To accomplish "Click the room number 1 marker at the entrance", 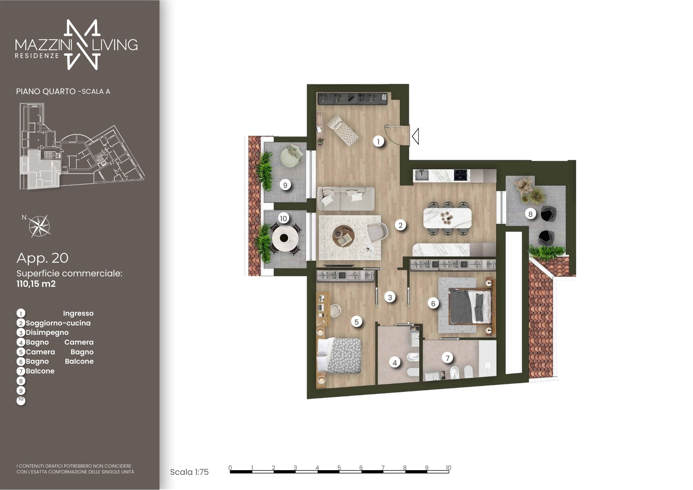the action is click(x=378, y=141).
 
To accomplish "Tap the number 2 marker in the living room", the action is click(x=400, y=226).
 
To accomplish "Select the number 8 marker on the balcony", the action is click(x=530, y=214).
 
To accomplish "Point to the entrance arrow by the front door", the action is click(x=415, y=137).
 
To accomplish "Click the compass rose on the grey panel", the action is click(x=40, y=226).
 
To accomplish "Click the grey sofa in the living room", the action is click(x=346, y=198).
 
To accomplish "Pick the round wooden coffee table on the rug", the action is click(x=343, y=236).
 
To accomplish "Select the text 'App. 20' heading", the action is click(x=42, y=258).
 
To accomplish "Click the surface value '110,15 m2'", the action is click(x=36, y=284).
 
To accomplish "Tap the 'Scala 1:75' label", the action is click(x=189, y=472).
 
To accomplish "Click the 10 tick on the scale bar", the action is click(x=448, y=468).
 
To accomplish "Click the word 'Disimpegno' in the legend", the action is click(x=47, y=333).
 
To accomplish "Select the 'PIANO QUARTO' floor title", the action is click(x=46, y=92).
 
